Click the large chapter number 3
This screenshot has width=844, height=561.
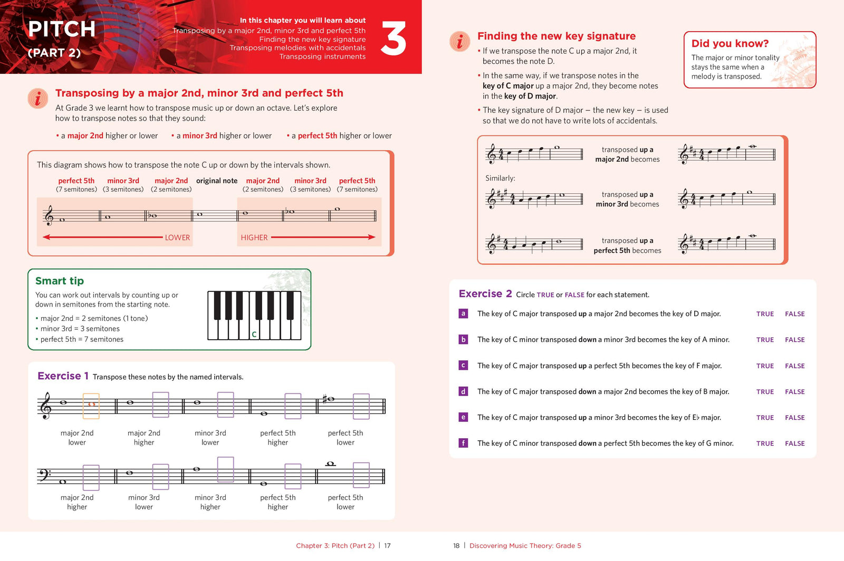coord(393,38)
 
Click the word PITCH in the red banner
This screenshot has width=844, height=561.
coord(62,29)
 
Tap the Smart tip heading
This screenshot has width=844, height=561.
coord(60,281)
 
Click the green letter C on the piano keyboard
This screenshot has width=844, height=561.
coord(254,334)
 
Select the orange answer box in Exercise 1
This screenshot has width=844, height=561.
coord(91,406)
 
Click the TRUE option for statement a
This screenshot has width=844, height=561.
coord(764,314)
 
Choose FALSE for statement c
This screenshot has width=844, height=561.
coord(794,366)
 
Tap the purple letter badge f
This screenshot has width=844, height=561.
coord(463,443)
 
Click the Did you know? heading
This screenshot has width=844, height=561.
coord(730,44)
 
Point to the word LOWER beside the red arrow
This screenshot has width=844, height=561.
coord(177,238)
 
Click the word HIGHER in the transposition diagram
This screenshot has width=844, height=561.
coord(254,238)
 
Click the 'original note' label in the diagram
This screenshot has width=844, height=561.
coord(217,181)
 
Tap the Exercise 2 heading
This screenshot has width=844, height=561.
coord(485,294)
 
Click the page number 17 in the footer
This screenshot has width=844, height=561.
coord(387,546)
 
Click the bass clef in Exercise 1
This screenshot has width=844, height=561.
coord(44,475)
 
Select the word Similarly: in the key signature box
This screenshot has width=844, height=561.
coord(500,179)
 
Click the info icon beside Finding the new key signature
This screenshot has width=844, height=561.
coord(459,41)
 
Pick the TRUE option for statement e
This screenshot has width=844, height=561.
coord(764,418)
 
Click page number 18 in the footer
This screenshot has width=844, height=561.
coord(456,546)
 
